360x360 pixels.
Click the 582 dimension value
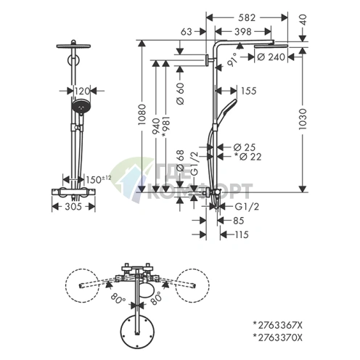247,17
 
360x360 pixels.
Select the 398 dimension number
243,31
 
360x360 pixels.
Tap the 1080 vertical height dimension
142,115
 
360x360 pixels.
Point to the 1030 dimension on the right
303,119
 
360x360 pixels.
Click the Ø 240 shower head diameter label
271,57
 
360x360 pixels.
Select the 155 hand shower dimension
248,91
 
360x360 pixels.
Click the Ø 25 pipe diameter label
245,147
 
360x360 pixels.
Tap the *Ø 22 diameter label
248,157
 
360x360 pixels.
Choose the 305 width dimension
73,207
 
